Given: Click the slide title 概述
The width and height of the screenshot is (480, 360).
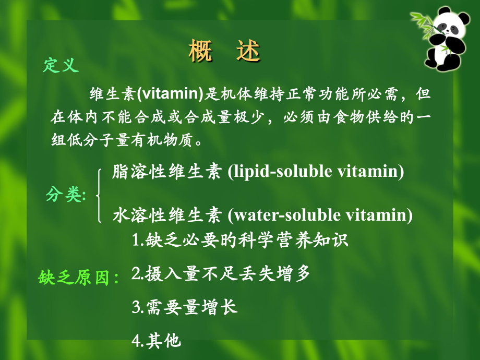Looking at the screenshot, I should tap(224, 52).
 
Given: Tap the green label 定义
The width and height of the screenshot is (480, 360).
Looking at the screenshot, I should tap(61, 66).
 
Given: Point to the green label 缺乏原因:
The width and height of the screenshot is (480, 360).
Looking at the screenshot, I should tap(79, 278).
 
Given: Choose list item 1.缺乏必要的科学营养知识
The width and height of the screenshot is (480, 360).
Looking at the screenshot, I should tap(239, 241).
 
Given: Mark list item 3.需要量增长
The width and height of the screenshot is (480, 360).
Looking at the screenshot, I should tap(185, 307).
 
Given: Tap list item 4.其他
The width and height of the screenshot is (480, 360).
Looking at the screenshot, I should tap(156, 341).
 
